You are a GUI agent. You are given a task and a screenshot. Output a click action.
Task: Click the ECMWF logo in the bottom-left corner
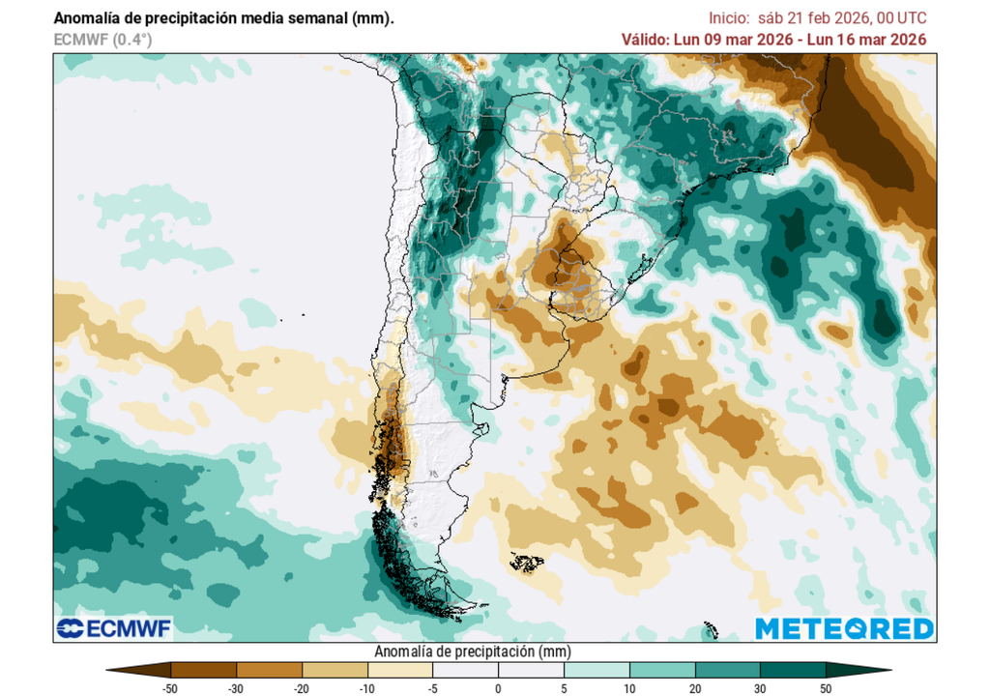tap(114, 629)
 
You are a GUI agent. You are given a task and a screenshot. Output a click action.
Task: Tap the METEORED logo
tap(844, 629)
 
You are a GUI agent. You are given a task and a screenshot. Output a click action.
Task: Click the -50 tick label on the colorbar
tap(170, 687)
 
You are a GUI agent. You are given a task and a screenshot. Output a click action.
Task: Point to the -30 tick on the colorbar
tap(236, 687)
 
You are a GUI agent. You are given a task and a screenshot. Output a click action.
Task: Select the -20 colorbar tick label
tap(302, 687)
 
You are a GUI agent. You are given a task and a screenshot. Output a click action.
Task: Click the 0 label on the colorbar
tap(498, 687)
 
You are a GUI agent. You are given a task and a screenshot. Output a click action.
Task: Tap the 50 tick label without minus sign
tap(826, 687)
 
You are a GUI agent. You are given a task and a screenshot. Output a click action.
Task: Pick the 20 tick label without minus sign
tap(695, 687)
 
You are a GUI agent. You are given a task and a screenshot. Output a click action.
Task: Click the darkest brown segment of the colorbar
tap(203, 669)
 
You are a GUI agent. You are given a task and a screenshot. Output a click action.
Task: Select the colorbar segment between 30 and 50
tap(793, 669)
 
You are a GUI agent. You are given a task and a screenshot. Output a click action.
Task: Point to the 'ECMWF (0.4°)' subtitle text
tap(102, 39)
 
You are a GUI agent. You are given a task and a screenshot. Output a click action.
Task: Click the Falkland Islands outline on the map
tap(527, 562)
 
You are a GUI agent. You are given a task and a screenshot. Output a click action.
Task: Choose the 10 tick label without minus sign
tap(629, 687)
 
